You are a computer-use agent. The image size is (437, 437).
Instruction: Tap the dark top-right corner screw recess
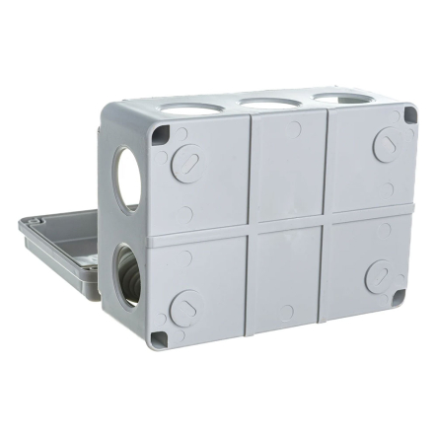(x=408, y=117)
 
